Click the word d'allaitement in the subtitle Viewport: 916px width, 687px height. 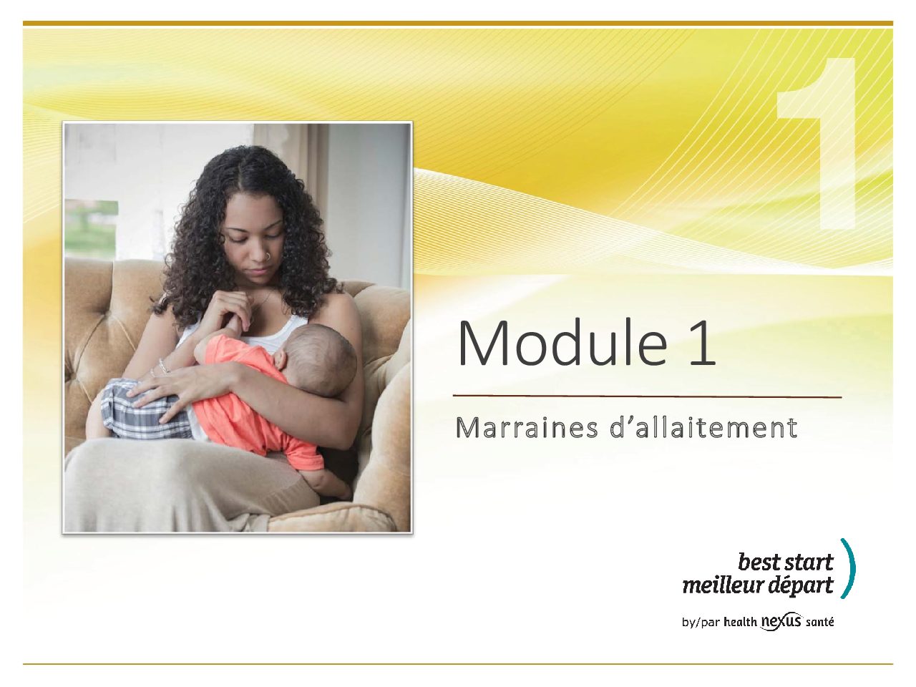(x=704, y=428)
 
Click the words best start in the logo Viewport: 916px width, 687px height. (x=786, y=562)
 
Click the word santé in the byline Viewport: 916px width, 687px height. (x=820, y=634)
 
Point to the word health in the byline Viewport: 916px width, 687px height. (x=740, y=633)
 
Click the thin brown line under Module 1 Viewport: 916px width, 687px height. (x=647, y=396)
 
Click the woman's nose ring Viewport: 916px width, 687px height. (x=269, y=255)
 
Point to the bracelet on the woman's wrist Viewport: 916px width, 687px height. (x=164, y=366)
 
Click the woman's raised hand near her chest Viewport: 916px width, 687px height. (x=232, y=309)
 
